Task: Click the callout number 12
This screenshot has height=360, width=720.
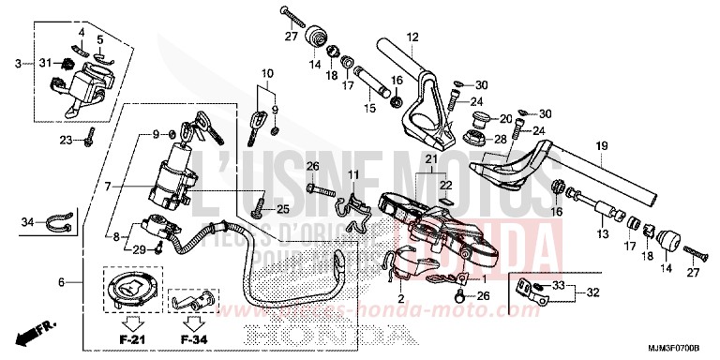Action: point(411,37)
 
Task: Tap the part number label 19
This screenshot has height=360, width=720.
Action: point(601,145)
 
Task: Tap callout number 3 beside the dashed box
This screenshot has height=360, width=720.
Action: point(18,64)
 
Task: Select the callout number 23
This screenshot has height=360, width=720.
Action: point(67,141)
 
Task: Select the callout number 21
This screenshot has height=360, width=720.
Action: point(430,160)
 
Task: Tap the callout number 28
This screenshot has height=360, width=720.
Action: point(500,139)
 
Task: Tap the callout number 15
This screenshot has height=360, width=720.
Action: point(368,109)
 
